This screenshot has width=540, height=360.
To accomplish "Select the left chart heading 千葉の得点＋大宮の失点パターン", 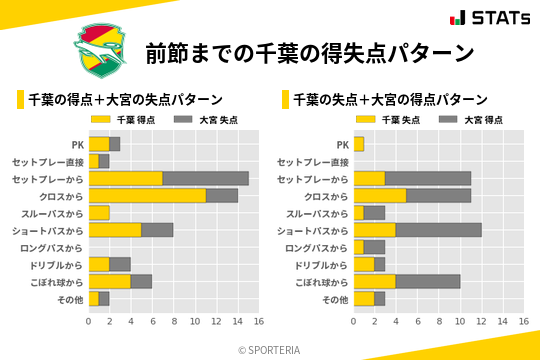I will [x=125, y=100].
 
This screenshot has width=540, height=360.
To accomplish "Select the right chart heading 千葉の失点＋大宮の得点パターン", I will [x=390, y=100].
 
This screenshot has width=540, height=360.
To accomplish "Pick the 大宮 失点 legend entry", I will [x=200, y=120].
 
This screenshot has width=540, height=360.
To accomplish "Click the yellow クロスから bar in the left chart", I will [x=147, y=195].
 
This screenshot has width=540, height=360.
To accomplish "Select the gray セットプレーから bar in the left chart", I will [x=205, y=178].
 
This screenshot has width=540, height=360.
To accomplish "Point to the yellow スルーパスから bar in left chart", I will [x=99, y=212].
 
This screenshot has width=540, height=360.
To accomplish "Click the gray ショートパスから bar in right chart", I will [x=438, y=230].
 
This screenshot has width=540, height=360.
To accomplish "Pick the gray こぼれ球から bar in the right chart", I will [x=427, y=281].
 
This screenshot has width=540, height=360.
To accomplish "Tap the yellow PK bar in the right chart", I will [x=358, y=144].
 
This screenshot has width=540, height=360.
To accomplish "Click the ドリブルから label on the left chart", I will [x=54, y=264].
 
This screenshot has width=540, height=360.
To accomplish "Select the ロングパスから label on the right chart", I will [x=317, y=247].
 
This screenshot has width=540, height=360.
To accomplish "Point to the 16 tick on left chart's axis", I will [x=259, y=321].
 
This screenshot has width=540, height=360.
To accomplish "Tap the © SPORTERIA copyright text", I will [x=270, y=348].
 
